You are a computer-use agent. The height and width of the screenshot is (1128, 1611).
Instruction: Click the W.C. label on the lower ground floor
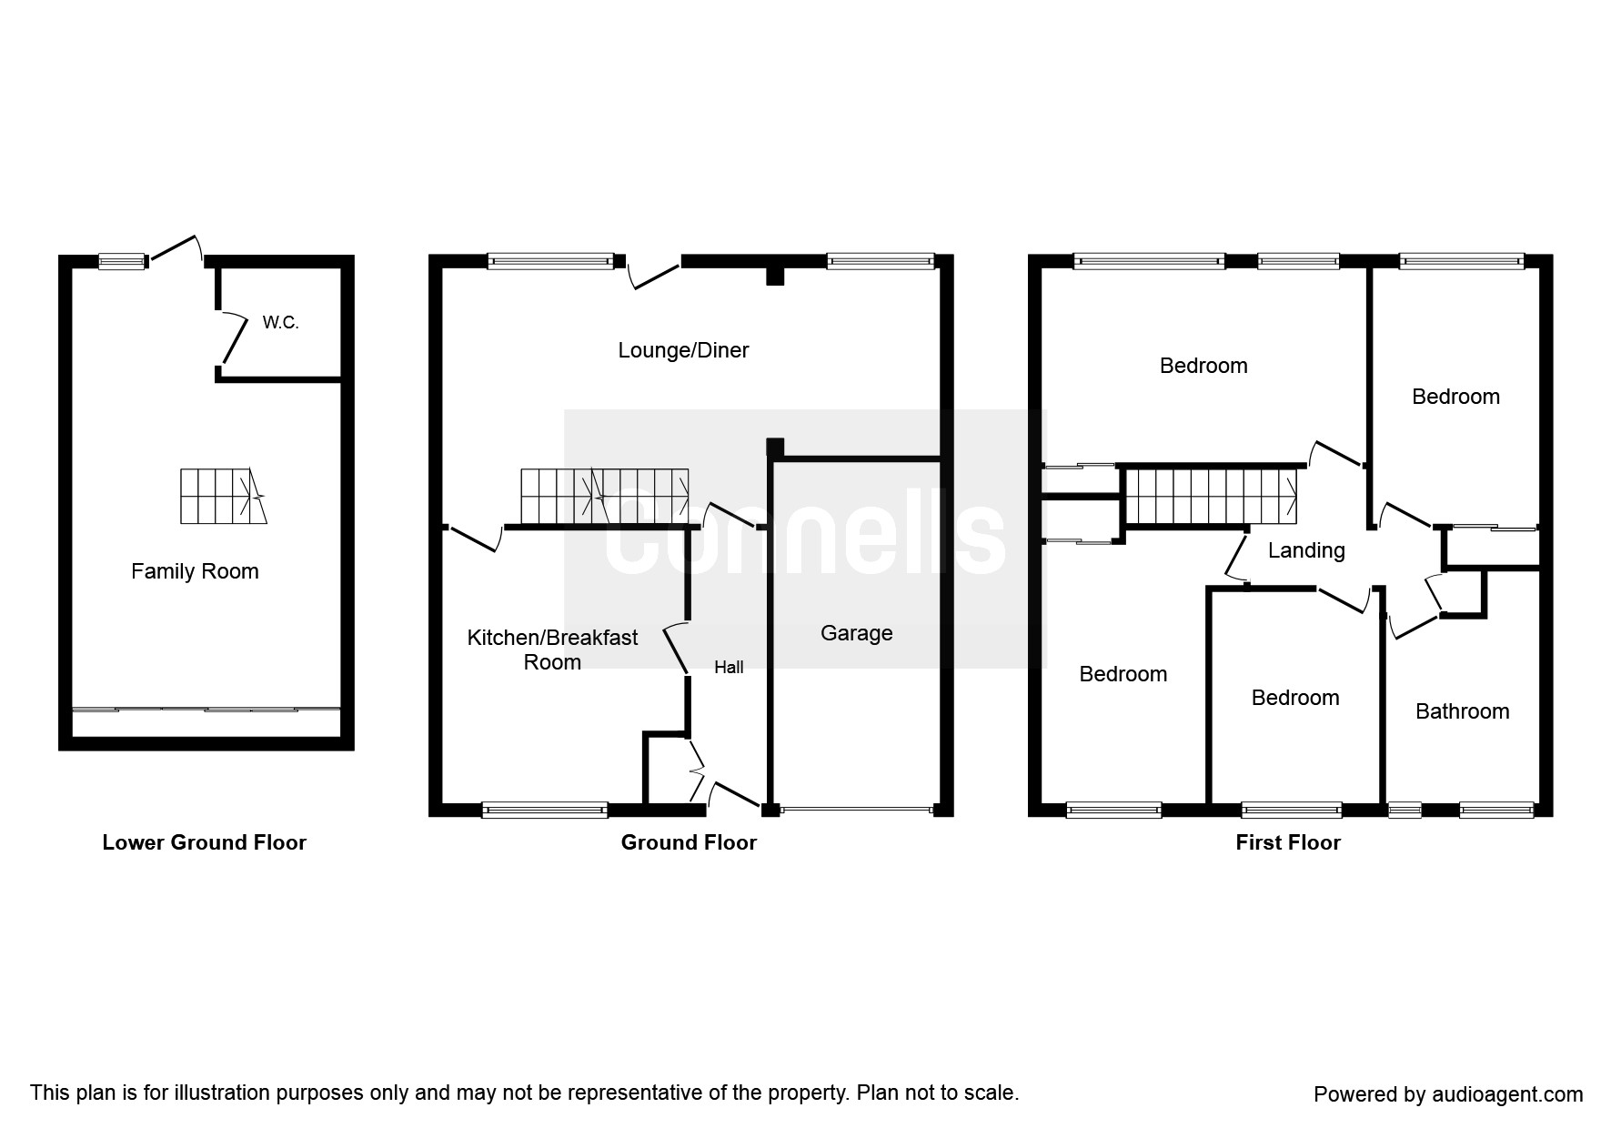(x=280, y=323)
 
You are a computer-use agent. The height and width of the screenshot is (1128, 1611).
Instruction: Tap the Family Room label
(x=195, y=571)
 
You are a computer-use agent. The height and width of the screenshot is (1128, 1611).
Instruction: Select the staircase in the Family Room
(x=223, y=496)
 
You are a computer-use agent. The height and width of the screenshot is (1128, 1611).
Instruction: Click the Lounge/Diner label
(x=683, y=350)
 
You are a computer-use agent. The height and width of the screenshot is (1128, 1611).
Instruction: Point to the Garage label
(x=856, y=633)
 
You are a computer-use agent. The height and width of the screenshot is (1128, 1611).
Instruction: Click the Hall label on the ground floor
(x=729, y=668)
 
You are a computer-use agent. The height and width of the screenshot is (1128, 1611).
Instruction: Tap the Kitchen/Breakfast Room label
(x=552, y=650)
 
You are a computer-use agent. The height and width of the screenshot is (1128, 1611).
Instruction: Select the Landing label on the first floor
(x=1306, y=550)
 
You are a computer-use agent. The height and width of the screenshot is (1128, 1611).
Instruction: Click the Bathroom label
(x=1462, y=711)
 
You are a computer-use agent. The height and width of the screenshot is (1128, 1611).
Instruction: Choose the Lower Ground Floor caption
(x=204, y=842)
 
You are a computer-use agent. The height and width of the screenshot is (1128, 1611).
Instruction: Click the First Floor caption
(x=1287, y=842)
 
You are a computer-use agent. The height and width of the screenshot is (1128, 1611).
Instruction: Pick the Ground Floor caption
(x=689, y=842)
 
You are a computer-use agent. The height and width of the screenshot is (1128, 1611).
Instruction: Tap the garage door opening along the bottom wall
(x=855, y=809)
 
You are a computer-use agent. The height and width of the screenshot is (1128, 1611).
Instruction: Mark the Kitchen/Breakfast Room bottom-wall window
(x=544, y=810)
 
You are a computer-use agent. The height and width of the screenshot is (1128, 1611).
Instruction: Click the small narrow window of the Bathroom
(x=1405, y=809)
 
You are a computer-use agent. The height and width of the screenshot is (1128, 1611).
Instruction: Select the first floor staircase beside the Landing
(x=1210, y=497)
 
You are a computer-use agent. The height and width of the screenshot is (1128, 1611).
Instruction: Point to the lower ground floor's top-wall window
(x=122, y=262)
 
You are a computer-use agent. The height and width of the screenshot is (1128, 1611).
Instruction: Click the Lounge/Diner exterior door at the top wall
(x=655, y=273)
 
